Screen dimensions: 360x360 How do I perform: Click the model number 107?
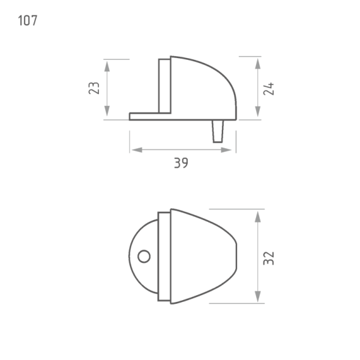(x=28, y=20)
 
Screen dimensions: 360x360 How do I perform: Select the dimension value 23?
(x=94, y=88)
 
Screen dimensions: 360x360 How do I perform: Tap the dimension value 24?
(x=268, y=89)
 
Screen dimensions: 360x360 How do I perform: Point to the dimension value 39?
(x=181, y=163)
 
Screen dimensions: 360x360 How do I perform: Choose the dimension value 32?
(x=268, y=259)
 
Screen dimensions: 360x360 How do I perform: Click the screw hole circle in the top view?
(x=144, y=256)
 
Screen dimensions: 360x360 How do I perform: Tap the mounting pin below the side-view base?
(x=218, y=131)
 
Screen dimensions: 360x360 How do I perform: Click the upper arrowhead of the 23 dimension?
(x=107, y=66)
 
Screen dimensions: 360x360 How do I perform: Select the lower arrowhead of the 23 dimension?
(x=107, y=111)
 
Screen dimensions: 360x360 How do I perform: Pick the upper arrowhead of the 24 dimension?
(x=258, y=64)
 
